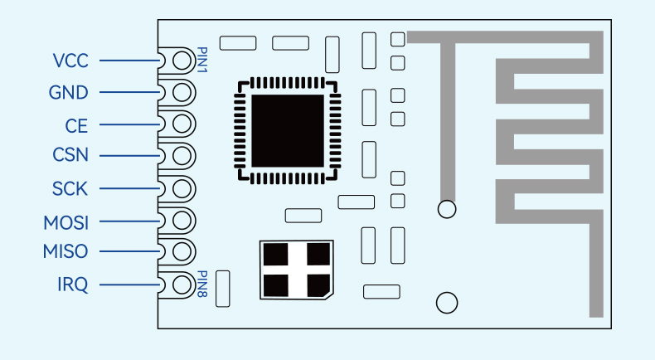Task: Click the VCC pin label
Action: (x=70, y=61)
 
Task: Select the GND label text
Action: (x=69, y=92)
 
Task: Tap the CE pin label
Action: (x=76, y=126)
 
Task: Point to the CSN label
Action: (x=70, y=155)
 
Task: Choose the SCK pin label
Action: (x=70, y=188)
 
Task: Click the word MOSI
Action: (x=66, y=223)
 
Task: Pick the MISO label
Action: (x=65, y=251)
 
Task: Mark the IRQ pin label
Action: (x=73, y=285)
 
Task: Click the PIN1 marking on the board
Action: (x=201, y=60)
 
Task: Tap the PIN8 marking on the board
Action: (x=201, y=284)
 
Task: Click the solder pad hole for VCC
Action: (x=182, y=61)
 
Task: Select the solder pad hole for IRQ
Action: (x=182, y=285)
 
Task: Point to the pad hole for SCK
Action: (x=182, y=188)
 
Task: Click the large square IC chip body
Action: (x=288, y=130)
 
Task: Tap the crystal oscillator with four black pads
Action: (x=296, y=270)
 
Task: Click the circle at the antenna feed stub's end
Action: (x=447, y=209)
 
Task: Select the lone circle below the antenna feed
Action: (x=447, y=303)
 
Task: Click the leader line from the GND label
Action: (x=129, y=92)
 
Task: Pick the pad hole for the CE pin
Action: (x=182, y=124)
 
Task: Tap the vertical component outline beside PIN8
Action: (x=223, y=289)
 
